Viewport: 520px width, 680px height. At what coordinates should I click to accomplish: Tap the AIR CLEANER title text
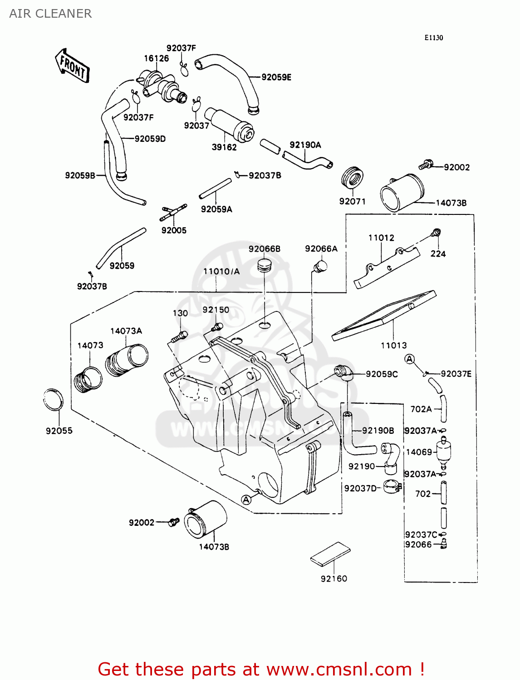click(50, 14)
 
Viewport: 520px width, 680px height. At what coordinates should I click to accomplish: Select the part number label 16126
click(156, 58)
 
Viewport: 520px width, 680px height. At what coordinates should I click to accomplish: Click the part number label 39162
click(224, 147)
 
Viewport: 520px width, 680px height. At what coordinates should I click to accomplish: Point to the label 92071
click(352, 201)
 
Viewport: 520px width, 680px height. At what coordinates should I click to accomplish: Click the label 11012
click(381, 238)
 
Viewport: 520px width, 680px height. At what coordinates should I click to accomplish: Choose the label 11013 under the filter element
click(393, 345)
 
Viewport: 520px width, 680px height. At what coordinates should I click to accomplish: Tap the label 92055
click(59, 431)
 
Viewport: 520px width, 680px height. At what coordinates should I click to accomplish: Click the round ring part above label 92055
click(53, 400)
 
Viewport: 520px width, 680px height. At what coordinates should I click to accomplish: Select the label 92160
click(334, 579)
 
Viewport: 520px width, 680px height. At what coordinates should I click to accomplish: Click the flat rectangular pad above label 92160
click(331, 554)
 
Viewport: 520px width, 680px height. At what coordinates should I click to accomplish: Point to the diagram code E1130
click(433, 38)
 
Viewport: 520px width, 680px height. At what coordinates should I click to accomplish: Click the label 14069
click(419, 452)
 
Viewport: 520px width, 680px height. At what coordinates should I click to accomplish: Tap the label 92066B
click(264, 249)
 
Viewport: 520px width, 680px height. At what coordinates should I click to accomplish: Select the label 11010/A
click(221, 272)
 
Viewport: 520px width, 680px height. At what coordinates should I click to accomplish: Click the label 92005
click(174, 230)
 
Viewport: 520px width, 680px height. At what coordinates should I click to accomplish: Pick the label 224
click(438, 254)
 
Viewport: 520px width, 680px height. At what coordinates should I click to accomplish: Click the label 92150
click(216, 310)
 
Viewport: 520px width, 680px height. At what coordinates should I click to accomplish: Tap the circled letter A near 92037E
click(410, 359)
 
